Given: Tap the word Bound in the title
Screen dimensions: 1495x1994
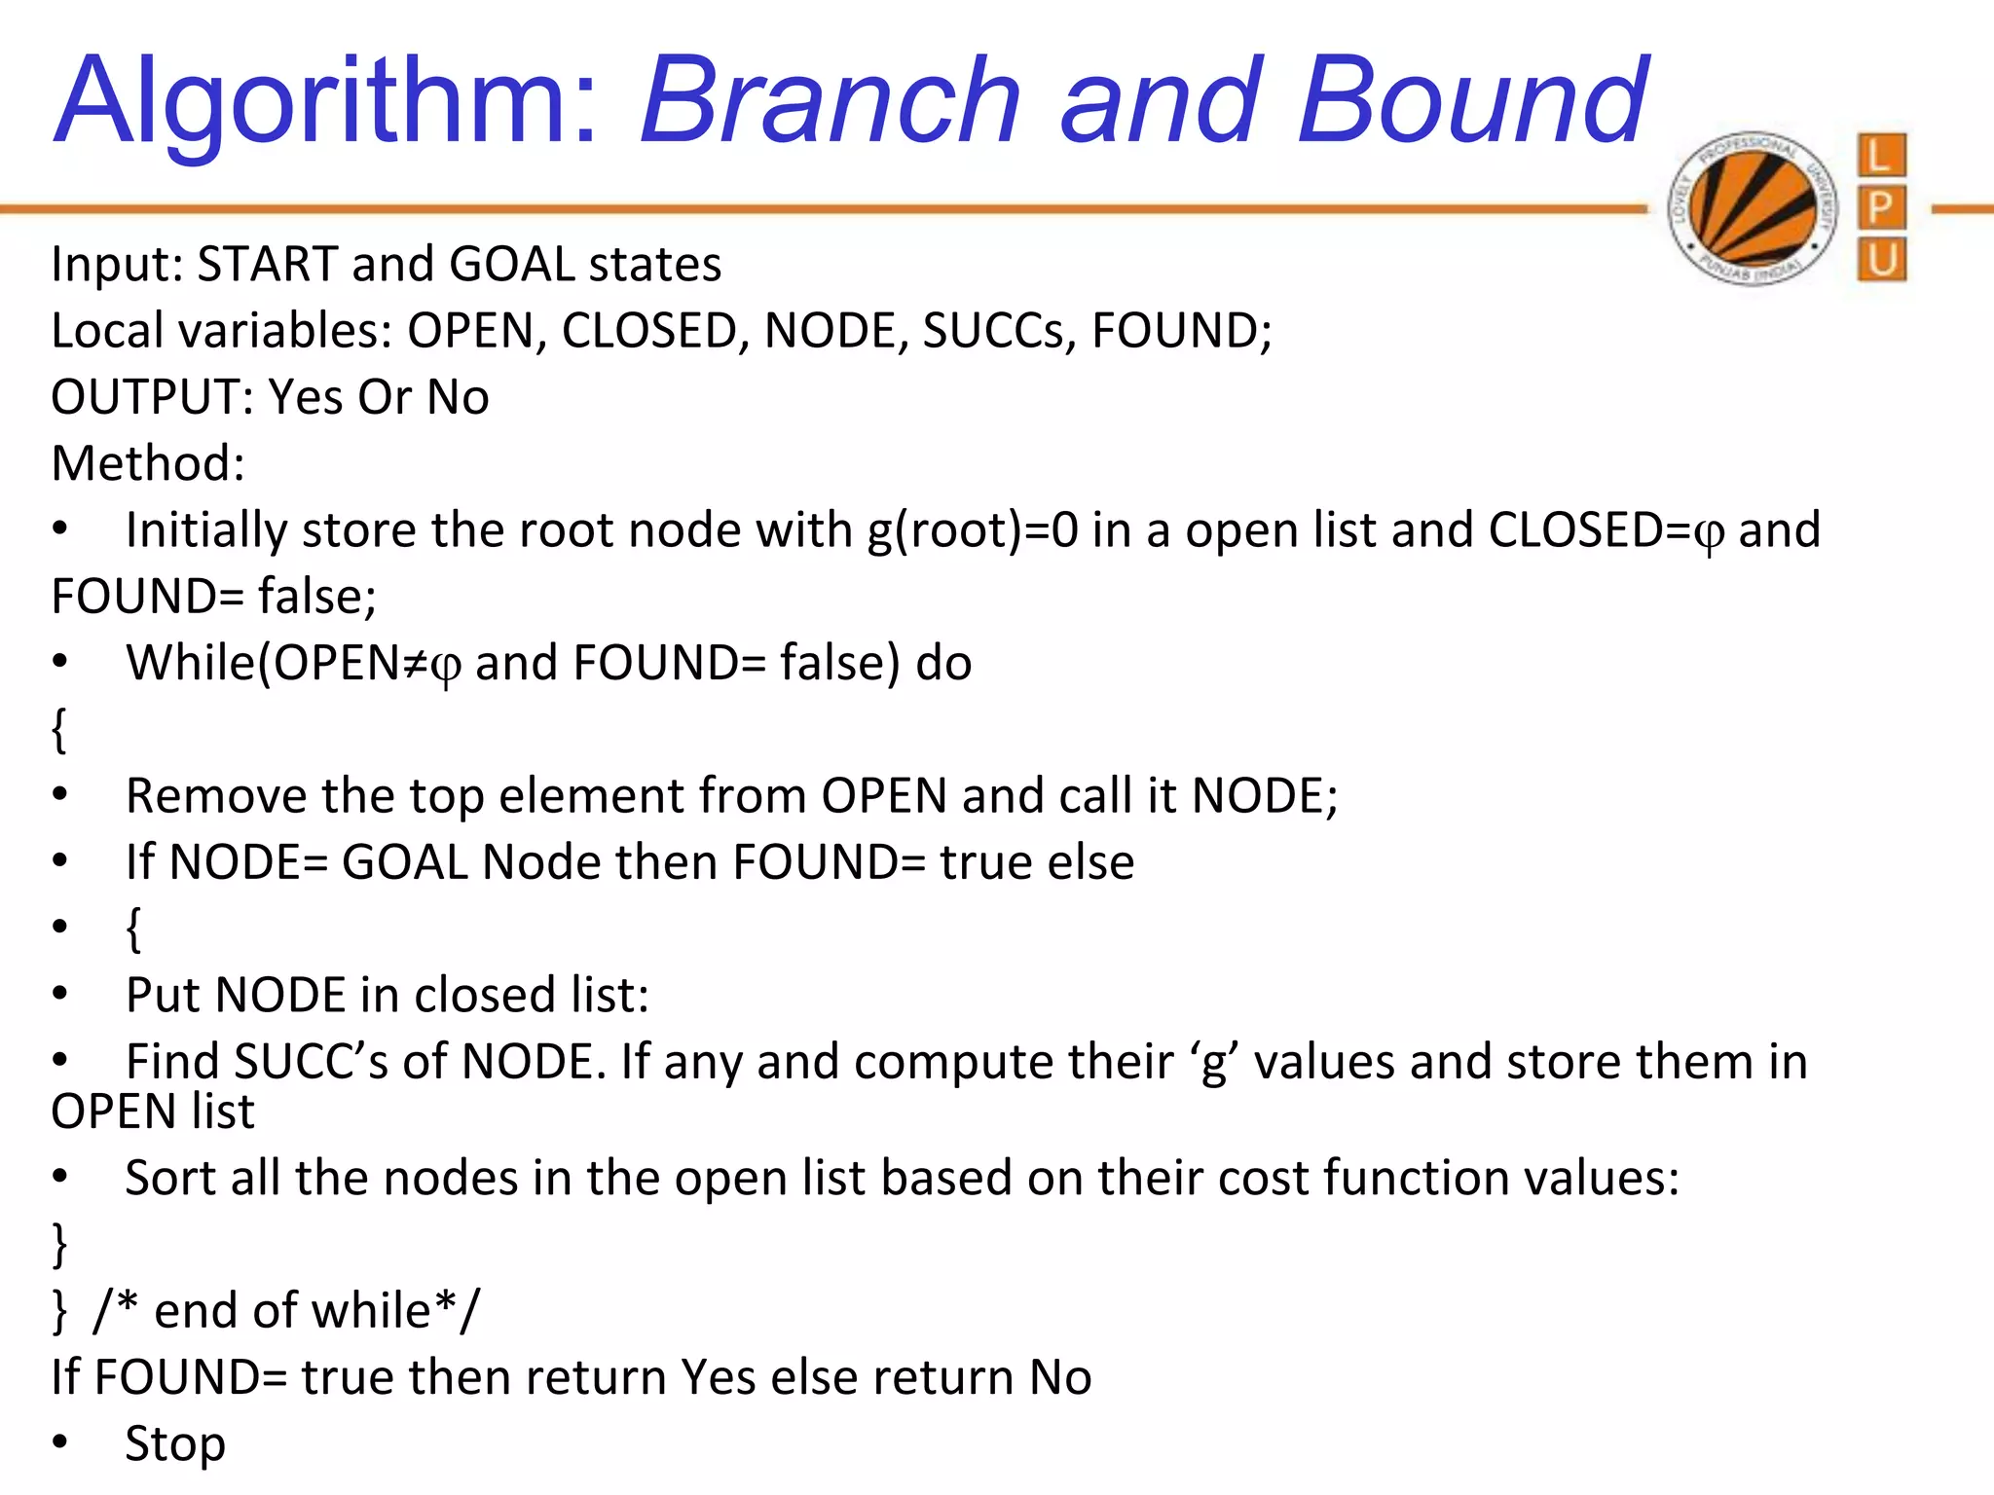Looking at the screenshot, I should [1472, 100].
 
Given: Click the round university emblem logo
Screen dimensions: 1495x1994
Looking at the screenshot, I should [1753, 208].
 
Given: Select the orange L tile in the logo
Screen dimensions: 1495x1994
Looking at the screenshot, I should [1881, 156].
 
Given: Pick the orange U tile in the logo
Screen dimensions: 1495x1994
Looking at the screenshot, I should [1881, 261].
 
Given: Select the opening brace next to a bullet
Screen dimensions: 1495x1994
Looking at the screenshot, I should [134, 930].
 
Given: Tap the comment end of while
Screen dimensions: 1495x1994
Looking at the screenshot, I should [287, 1311].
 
